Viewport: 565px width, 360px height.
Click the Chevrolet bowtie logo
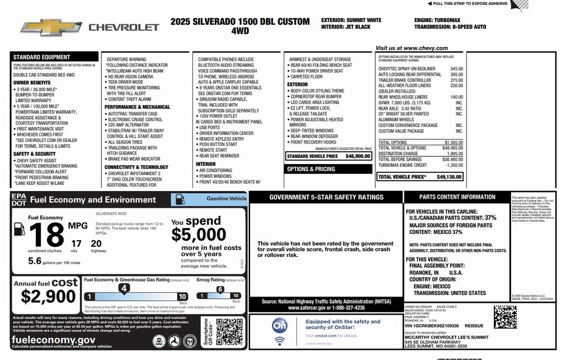point(51,27)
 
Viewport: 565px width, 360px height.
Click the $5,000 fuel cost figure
point(198,235)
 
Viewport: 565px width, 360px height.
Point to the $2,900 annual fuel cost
point(49,297)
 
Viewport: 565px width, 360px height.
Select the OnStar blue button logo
point(279,326)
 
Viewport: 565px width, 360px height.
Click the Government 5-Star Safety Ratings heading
point(326,197)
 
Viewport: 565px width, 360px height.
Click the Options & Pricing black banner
point(311,169)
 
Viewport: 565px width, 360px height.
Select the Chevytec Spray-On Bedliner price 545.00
point(456,69)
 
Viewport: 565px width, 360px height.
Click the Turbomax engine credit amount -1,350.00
point(454,165)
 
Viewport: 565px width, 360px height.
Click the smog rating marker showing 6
point(220,289)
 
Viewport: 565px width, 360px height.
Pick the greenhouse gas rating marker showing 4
point(124,288)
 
